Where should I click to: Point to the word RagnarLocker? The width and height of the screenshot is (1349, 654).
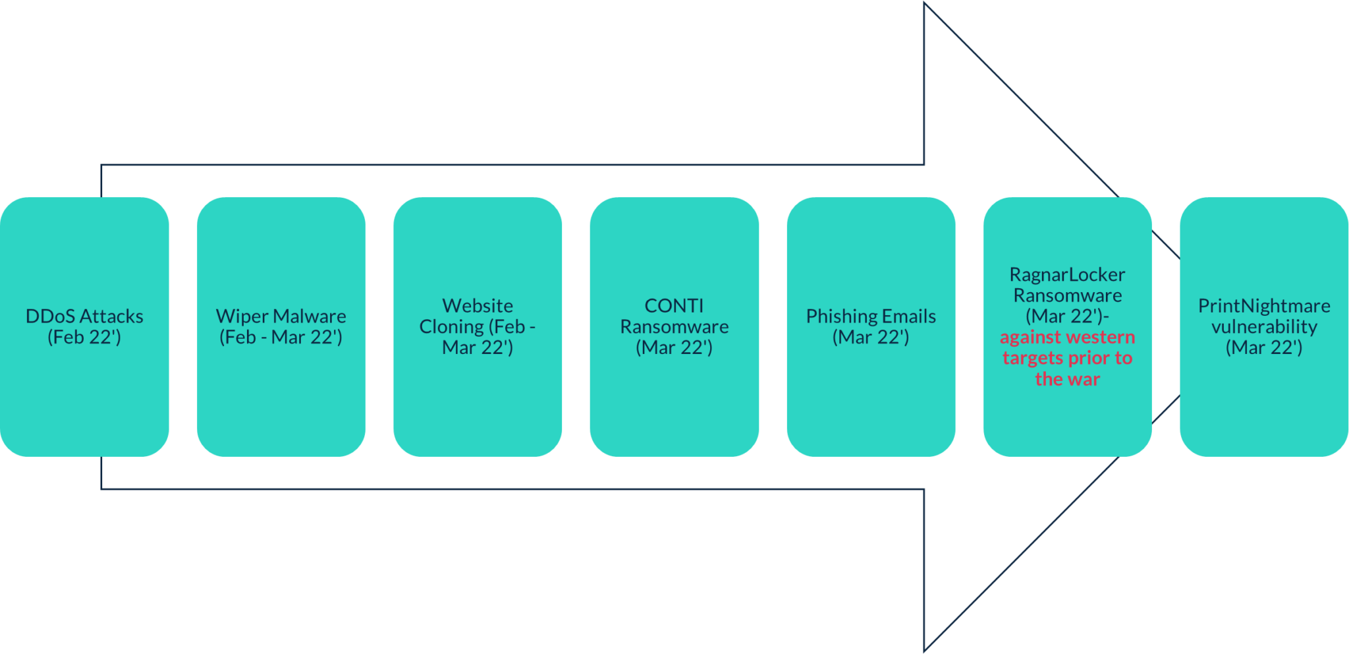(x=1067, y=274)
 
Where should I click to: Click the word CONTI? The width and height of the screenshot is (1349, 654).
(x=674, y=306)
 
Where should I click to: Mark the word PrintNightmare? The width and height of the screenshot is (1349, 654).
(x=1264, y=306)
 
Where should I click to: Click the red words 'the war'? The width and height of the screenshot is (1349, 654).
(x=1067, y=379)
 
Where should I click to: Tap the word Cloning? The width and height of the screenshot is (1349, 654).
(x=451, y=326)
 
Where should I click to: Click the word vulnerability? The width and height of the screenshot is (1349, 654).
(x=1264, y=326)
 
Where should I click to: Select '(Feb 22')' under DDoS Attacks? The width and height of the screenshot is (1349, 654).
(x=84, y=338)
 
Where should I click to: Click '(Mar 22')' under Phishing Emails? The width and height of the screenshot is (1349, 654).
(x=871, y=338)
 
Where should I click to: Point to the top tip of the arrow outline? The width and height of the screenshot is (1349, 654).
(x=925, y=4)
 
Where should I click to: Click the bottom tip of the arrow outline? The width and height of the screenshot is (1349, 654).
(x=925, y=650)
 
